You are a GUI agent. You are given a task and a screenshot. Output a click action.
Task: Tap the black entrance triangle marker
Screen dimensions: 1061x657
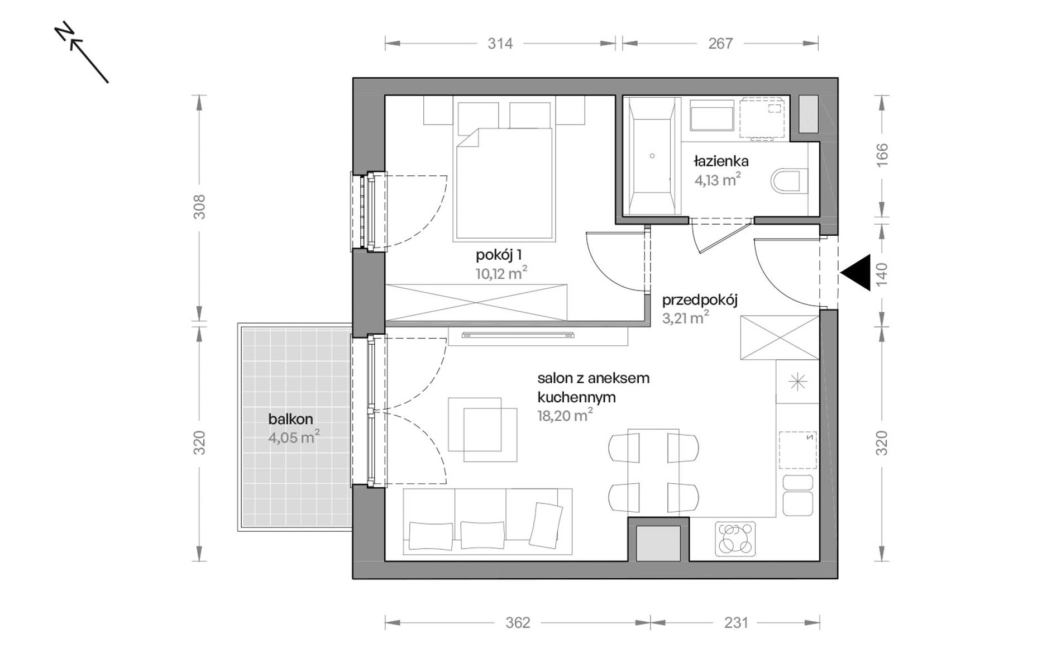click(856, 273)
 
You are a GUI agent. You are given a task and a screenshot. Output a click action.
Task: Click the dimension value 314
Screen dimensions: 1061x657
click(500, 44)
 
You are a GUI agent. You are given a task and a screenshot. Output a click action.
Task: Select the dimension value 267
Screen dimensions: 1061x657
click(720, 44)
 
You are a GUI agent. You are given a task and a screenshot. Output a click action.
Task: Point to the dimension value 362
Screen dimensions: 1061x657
click(518, 622)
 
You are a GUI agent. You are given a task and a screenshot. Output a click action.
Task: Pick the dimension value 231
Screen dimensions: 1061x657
click(736, 622)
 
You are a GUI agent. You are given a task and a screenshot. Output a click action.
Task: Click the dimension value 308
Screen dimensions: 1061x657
click(199, 207)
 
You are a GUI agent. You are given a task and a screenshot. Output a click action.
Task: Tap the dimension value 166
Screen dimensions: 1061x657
click(882, 155)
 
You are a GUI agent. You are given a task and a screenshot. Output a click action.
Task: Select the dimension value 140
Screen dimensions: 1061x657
click(882, 274)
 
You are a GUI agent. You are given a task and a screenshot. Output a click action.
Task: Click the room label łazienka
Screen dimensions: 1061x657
click(721, 161)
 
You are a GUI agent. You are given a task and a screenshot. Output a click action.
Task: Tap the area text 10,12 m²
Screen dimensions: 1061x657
click(501, 274)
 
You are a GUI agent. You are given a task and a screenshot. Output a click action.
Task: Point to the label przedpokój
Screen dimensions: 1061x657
click(700, 301)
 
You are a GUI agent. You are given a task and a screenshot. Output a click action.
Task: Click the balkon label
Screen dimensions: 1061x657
click(290, 419)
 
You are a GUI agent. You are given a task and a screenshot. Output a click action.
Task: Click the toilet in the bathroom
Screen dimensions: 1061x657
click(789, 181)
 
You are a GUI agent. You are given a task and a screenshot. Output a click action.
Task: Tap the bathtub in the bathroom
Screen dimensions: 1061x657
click(652, 156)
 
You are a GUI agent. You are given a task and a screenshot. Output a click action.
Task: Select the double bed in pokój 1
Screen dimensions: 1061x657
click(504, 184)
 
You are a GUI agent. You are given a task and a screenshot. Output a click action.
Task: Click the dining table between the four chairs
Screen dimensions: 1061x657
click(653, 472)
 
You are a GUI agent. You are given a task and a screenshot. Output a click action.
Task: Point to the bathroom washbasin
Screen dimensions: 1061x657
click(711, 116)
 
